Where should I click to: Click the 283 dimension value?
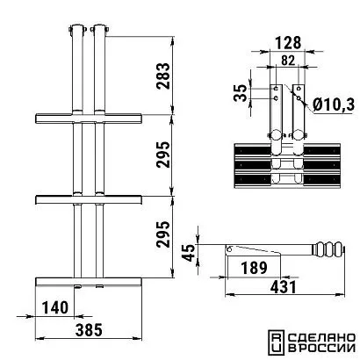(163, 76)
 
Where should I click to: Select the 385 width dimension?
(89, 330)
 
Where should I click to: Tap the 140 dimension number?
(55, 307)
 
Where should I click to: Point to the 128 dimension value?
(287, 43)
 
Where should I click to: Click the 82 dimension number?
(288, 61)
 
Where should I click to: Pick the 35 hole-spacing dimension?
(241, 93)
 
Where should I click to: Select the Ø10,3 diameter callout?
(334, 104)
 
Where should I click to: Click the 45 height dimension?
(188, 253)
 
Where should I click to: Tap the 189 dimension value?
(254, 268)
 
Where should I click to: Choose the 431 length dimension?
(284, 287)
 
